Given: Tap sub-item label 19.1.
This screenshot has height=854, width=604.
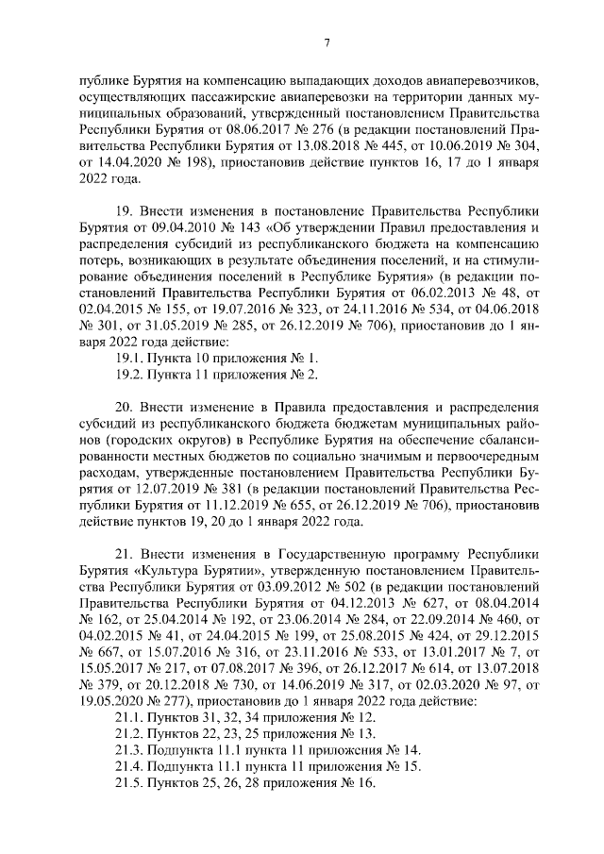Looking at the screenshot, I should point(128,358).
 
